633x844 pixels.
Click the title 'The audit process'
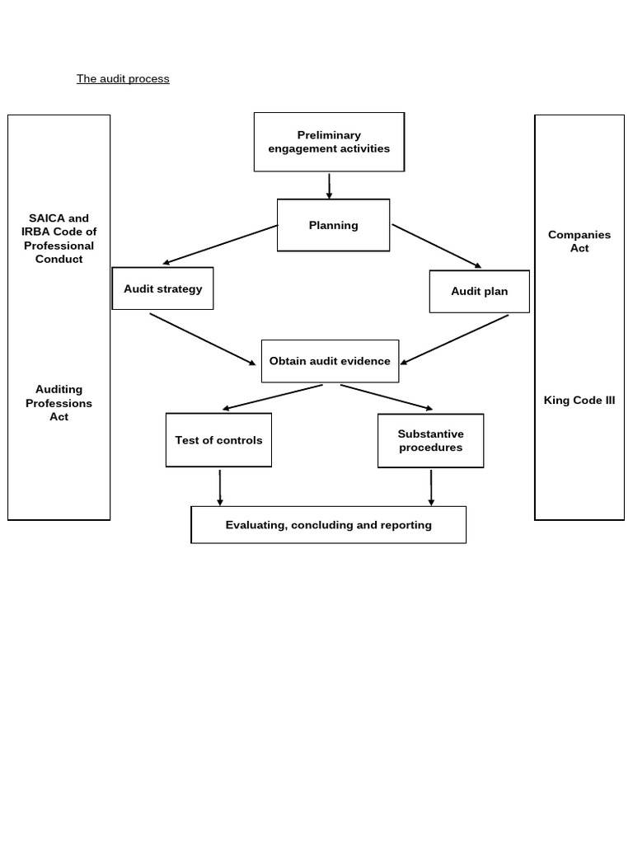click(123, 79)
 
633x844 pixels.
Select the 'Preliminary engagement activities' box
click(329, 142)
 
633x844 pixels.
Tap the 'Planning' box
click(333, 225)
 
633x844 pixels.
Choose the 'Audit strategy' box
click(162, 288)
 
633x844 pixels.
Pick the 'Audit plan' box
click(479, 291)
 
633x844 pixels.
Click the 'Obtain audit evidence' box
click(330, 361)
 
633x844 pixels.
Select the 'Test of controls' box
click(218, 440)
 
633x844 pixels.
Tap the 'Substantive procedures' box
click(430, 441)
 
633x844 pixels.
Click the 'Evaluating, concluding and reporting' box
click(328, 525)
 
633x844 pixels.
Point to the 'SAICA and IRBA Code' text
click(59, 238)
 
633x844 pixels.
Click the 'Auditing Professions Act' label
click(59, 403)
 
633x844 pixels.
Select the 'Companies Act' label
click(579, 241)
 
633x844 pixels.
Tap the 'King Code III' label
click(579, 401)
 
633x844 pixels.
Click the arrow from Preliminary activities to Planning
click(329, 185)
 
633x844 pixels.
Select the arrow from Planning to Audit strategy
click(220, 245)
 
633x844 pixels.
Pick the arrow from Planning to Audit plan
click(436, 246)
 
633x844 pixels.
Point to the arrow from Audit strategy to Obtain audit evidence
click(202, 339)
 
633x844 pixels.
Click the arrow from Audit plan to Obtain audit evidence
click(454, 340)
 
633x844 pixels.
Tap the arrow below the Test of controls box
click(220, 487)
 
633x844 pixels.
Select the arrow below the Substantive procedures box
click(431, 487)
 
